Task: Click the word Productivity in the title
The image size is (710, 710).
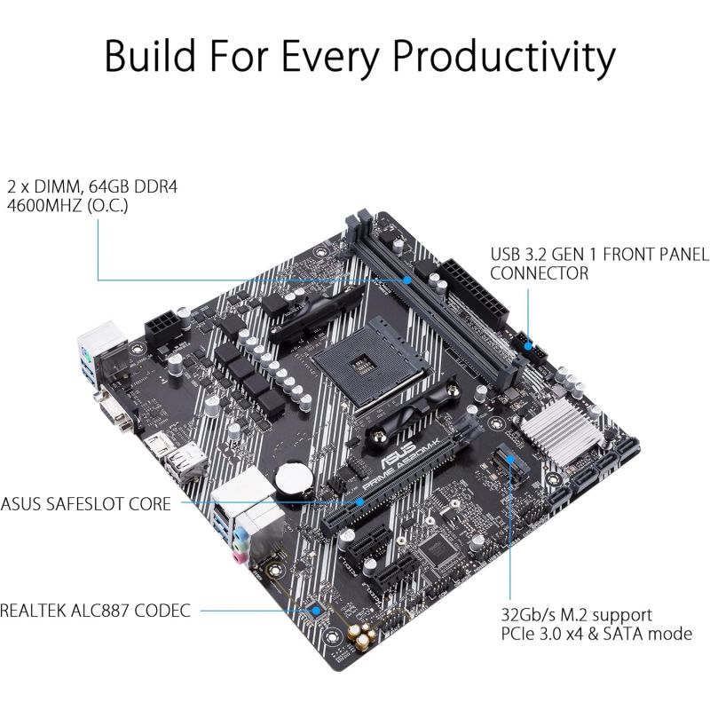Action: click(x=503, y=57)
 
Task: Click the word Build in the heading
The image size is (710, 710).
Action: click(x=150, y=55)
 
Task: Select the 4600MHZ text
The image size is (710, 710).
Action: click(x=44, y=206)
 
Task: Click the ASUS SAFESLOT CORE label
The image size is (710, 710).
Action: click(x=85, y=504)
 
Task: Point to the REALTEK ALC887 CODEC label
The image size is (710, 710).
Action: click(x=95, y=611)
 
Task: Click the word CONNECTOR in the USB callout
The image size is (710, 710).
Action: click(x=540, y=273)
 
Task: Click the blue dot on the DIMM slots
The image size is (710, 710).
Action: click(x=407, y=280)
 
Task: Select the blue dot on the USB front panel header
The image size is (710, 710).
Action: click(x=528, y=346)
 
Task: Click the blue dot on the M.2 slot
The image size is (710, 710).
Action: click(x=510, y=459)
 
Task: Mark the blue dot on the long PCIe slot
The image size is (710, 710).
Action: click(x=359, y=501)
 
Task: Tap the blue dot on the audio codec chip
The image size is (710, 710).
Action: click(x=317, y=611)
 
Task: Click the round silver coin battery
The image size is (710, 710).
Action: click(x=295, y=481)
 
